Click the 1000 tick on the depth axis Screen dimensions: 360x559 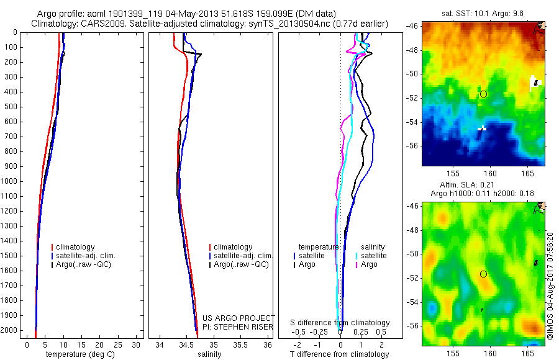click(x=10, y=181)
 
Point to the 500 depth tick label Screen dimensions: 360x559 click(x=10, y=107)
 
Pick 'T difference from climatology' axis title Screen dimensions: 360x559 click(x=339, y=354)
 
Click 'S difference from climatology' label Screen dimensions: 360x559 click(x=340, y=323)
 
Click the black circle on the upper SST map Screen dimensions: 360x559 click(x=483, y=94)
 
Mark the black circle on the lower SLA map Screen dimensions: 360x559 click(x=483, y=274)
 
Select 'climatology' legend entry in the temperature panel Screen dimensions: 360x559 click(x=78, y=247)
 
